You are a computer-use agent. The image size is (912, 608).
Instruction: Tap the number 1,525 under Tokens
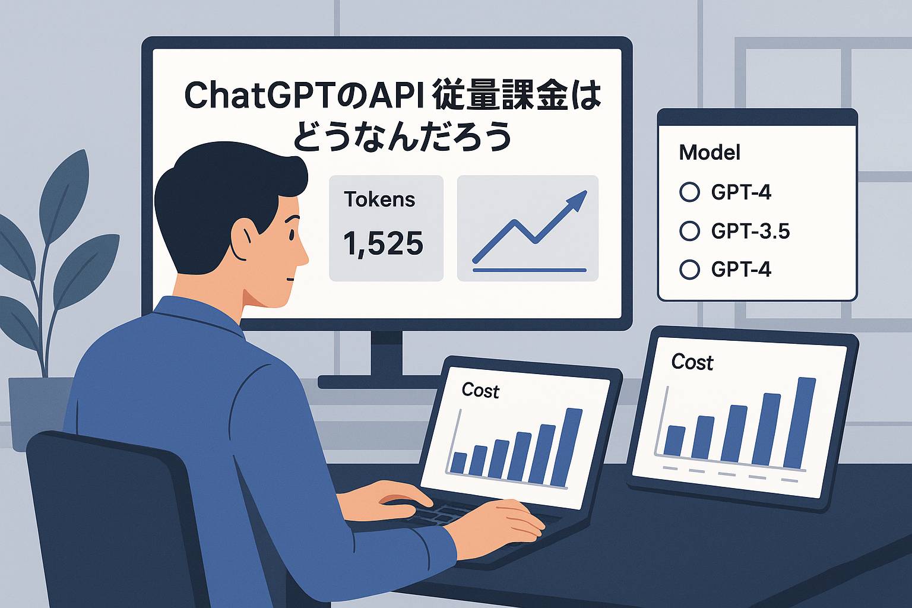[383, 243]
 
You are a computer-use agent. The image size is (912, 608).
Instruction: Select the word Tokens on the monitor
[379, 199]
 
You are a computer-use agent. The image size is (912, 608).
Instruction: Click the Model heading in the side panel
[710, 153]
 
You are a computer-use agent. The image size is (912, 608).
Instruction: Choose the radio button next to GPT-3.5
[690, 231]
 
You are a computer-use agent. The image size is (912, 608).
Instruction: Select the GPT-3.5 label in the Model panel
[750, 231]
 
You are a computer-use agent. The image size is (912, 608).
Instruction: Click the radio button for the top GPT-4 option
[690, 192]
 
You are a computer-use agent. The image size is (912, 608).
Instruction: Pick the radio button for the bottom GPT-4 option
[690, 269]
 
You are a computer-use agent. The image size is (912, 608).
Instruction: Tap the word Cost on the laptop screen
[480, 391]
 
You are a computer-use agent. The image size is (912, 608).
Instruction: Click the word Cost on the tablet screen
[692, 362]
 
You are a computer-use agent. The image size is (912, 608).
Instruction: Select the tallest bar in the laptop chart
[566, 447]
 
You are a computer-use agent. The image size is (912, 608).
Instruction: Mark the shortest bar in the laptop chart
[458, 463]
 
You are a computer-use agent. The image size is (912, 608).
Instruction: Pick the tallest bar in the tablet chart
[800, 423]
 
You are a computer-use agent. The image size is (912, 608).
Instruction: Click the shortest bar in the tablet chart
[674, 441]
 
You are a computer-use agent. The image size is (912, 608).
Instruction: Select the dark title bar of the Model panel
[757, 118]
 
